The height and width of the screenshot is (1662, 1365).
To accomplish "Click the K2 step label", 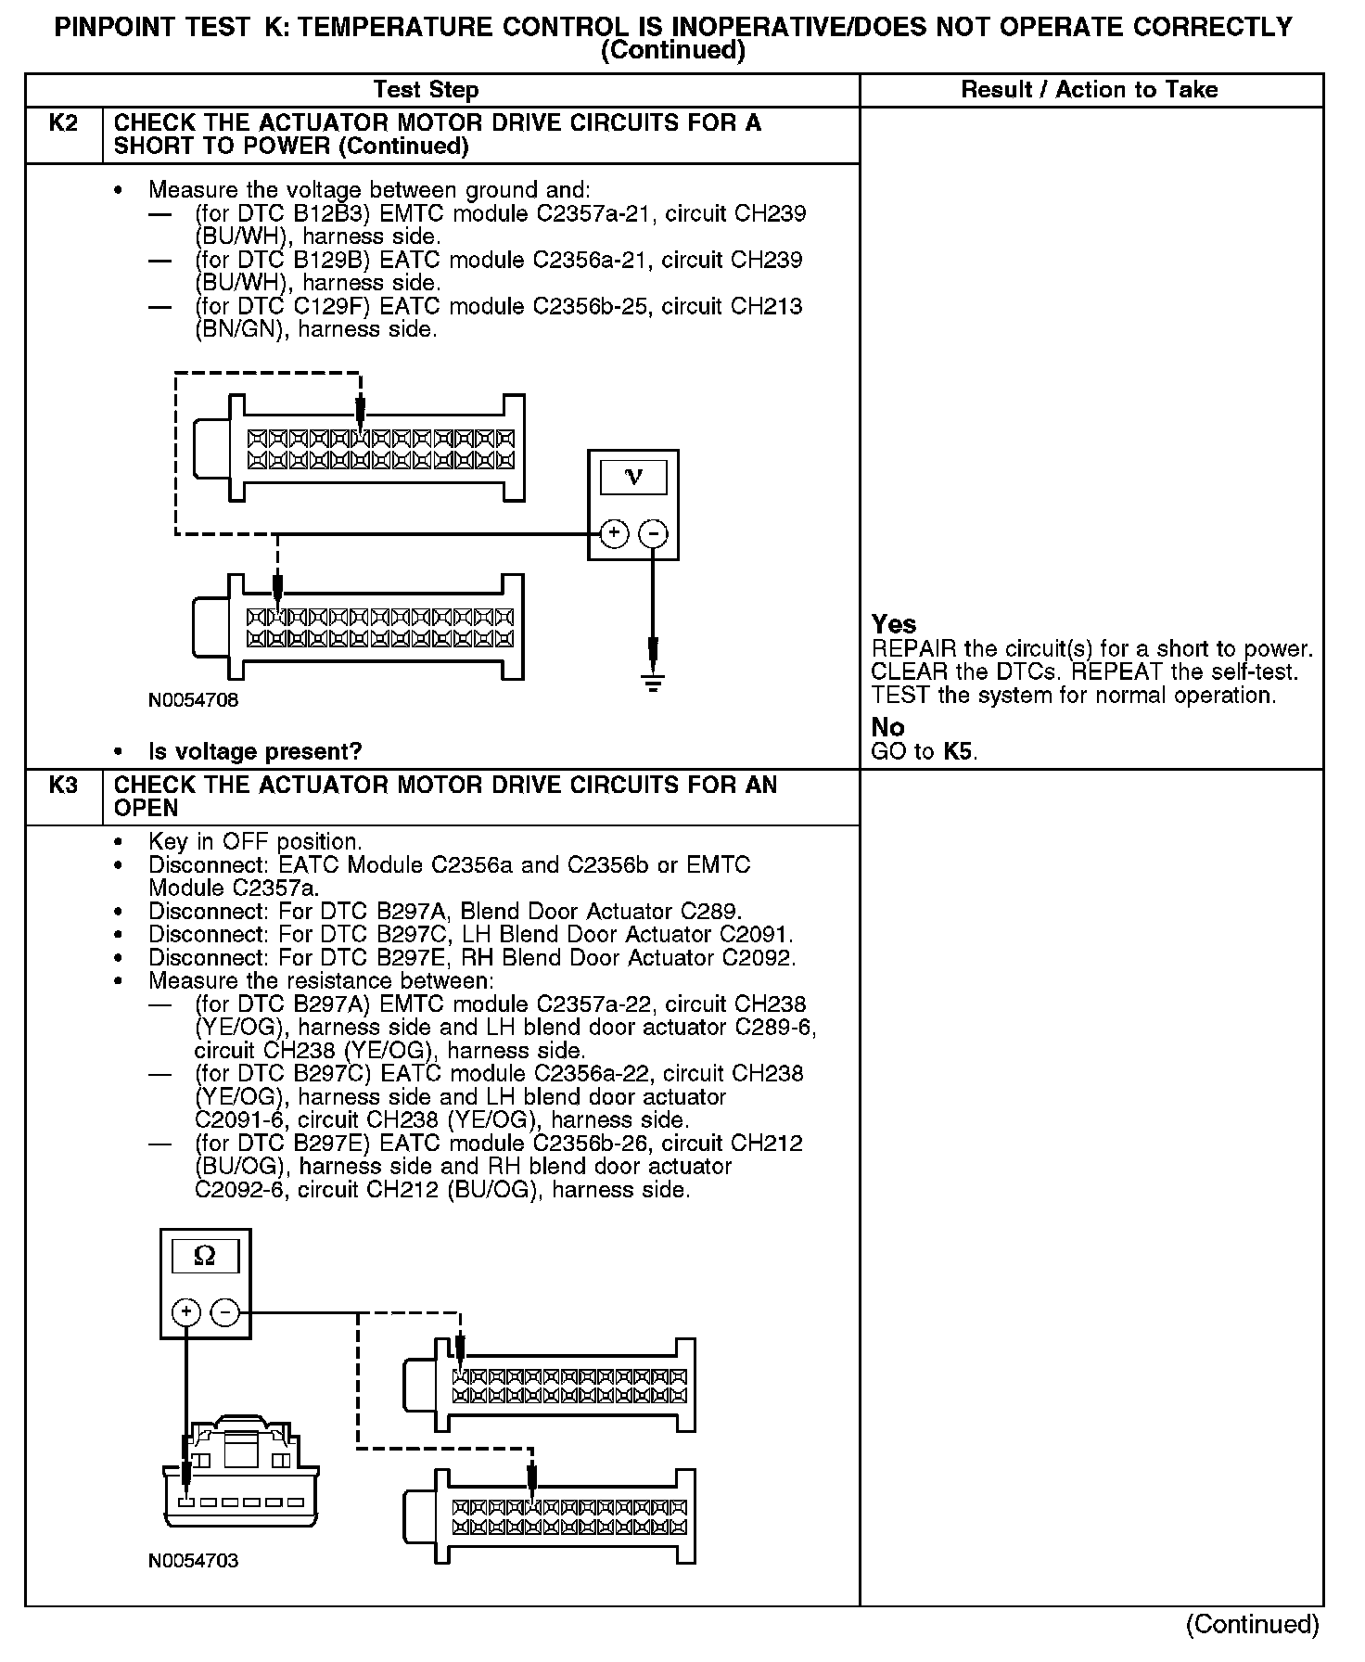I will (x=63, y=123).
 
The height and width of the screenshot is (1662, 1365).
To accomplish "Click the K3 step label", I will (x=63, y=786).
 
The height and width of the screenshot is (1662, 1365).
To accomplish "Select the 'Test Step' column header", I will (x=426, y=90).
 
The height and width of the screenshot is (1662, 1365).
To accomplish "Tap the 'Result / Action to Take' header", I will (x=1090, y=90).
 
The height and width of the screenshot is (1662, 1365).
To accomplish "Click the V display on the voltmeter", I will (x=633, y=477).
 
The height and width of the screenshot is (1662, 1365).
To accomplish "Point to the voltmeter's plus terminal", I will (x=615, y=533).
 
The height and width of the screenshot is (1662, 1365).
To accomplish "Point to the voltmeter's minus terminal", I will (x=654, y=533).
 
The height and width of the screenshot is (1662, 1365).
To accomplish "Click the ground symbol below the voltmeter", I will (x=654, y=684).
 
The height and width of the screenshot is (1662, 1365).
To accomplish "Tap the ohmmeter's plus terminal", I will (x=186, y=1312).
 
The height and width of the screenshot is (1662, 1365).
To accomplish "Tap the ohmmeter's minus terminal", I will (x=225, y=1312).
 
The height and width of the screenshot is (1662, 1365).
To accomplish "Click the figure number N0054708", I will (x=193, y=700).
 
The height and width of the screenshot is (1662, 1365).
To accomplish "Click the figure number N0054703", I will (x=193, y=1561).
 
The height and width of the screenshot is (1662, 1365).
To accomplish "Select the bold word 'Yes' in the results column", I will (x=894, y=624).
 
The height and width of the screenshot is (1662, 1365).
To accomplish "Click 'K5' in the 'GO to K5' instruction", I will (x=959, y=751).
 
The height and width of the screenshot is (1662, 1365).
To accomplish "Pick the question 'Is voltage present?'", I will (x=255, y=751).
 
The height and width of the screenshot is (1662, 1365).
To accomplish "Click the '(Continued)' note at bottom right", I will (x=1252, y=1624).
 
